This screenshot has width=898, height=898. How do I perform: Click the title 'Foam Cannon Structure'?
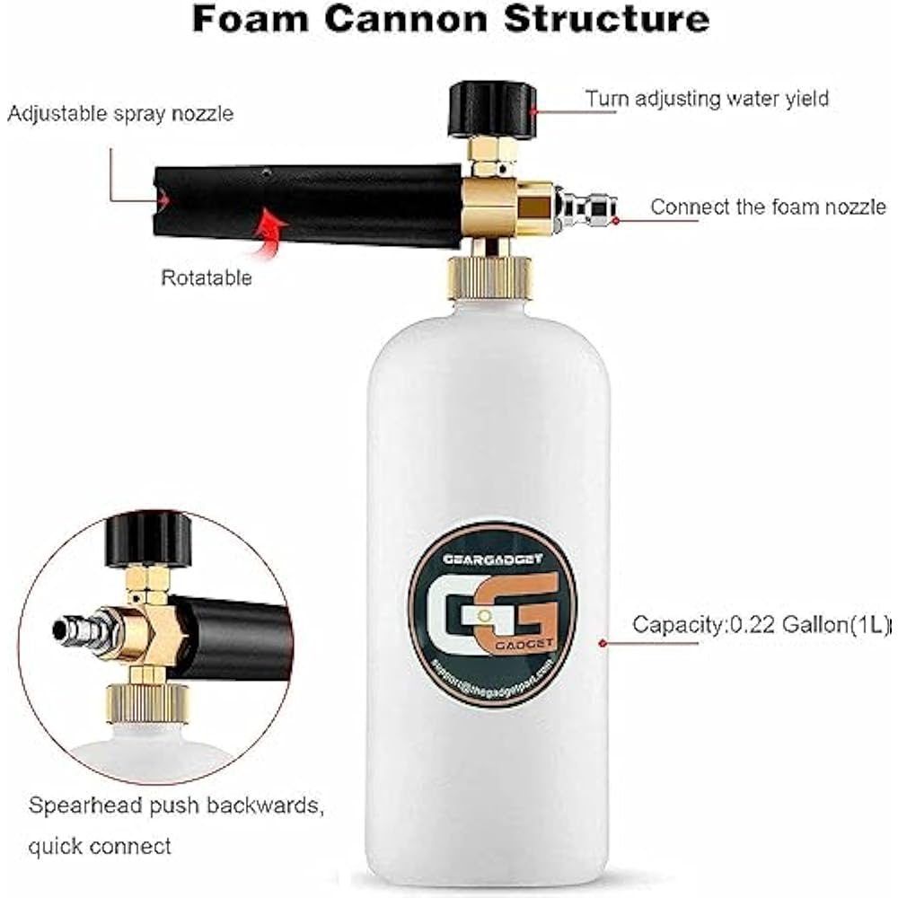click(450, 21)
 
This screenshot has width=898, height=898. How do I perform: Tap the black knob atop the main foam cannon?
click(491, 109)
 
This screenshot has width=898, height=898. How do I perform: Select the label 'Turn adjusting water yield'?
click(707, 99)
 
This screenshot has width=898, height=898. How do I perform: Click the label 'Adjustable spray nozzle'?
click(120, 114)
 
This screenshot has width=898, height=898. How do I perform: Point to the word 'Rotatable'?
click(207, 277)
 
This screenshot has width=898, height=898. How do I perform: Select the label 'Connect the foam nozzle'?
click(768, 207)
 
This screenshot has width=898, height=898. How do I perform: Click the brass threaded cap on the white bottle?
click(490, 275)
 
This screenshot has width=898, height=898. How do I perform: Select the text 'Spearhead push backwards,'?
click(175, 806)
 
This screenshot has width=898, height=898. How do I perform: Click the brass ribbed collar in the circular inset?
click(147, 701)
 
